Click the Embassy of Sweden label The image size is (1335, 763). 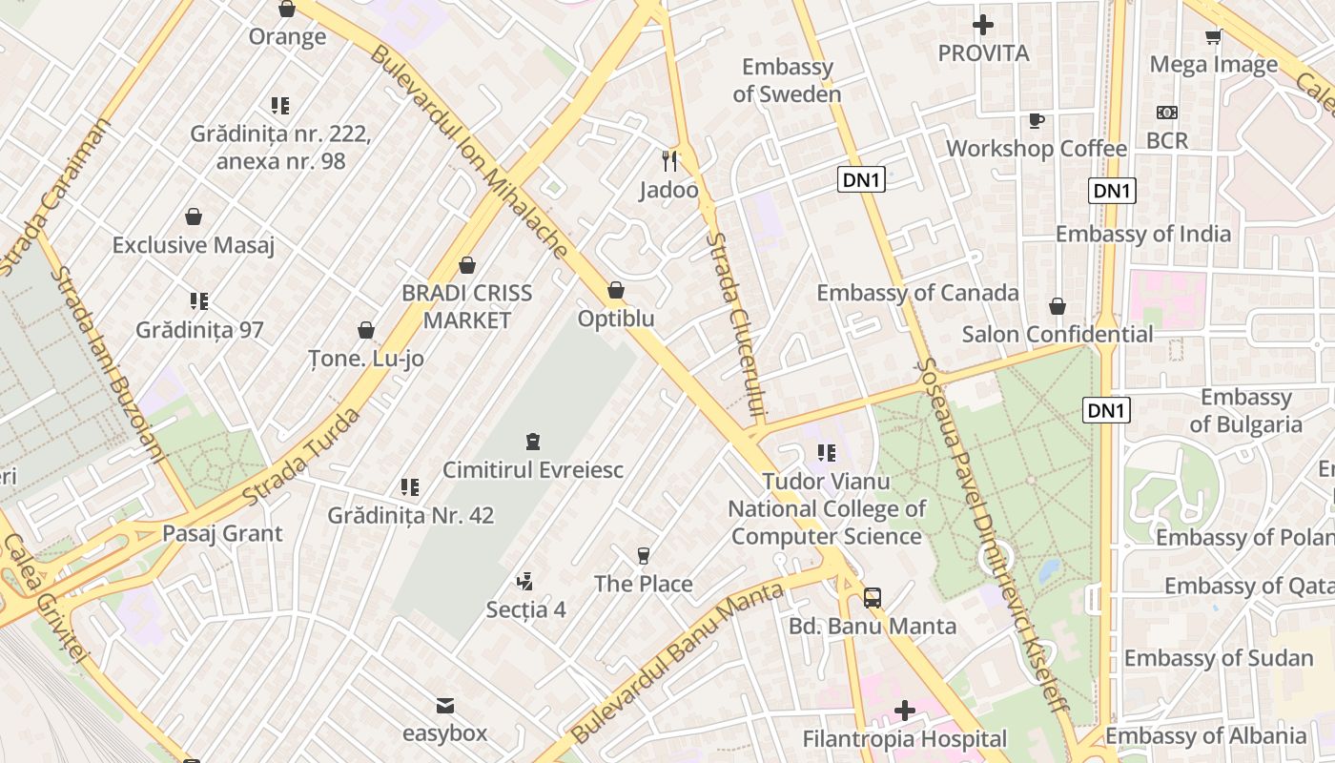tap(787, 80)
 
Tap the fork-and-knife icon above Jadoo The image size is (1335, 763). tap(669, 160)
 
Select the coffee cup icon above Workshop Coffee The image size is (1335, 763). tap(1037, 120)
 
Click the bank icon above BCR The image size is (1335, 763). tap(1166, 113)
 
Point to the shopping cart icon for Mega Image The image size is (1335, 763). tap(1213, 36)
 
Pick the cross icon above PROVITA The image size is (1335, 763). tap(983, 25)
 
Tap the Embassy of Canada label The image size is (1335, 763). tap(917, 293)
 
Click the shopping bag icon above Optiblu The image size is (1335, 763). tap(616, 290)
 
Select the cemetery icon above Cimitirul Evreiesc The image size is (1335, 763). tap(532, 442)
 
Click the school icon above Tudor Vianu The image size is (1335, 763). tap(826, 453)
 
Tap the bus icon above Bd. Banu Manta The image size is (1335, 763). tap(872, 598)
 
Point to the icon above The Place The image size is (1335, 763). tap(644, 555)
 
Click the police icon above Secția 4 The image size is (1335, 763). tap(524, 581)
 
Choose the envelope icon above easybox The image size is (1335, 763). tap(444, 706)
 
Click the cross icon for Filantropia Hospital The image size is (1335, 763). tap(904, 711)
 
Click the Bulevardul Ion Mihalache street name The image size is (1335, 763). tap(467, 153)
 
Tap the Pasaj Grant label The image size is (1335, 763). tap(222, 533)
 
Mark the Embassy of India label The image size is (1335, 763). tap(1142, 234)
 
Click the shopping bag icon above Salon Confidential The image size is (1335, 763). tap(1057, 306)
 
